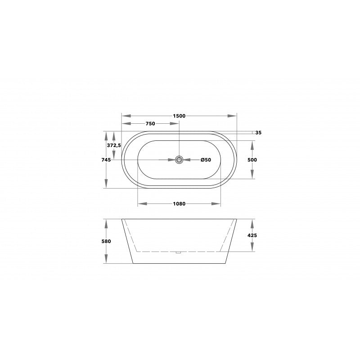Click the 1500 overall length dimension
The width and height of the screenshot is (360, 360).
click(179, 116)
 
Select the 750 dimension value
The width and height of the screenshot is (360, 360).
click(150, 124)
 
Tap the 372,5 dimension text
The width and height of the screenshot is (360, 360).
click(114, 146)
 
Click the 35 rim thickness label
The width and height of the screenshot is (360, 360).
click(258, 133)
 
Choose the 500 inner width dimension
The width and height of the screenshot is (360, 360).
click(252, 159)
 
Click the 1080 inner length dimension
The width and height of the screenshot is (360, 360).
click(179, 204)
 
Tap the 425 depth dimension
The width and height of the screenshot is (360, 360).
click(252, 235)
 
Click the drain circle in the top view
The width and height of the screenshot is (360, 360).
click(179, 159)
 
